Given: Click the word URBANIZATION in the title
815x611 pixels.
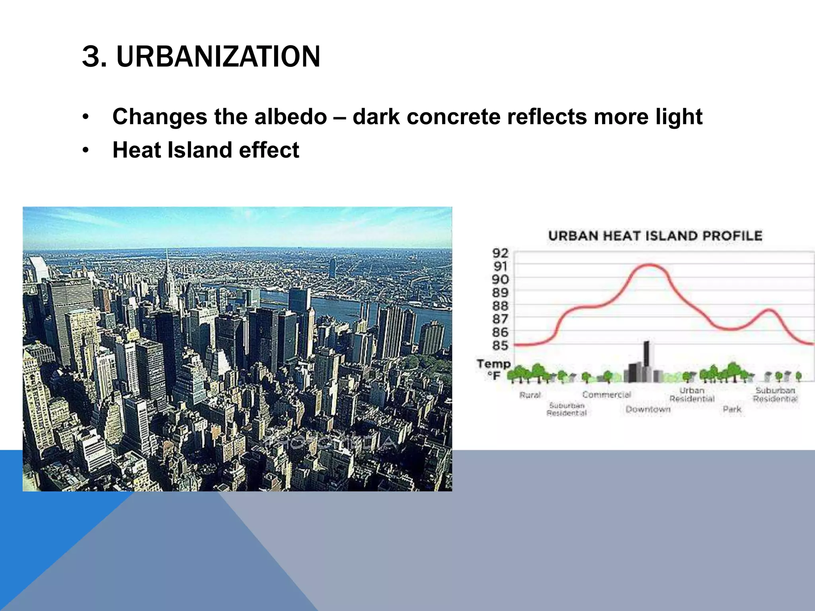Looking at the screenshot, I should pos(218,56).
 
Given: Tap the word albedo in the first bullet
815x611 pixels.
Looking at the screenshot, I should pos(291,117).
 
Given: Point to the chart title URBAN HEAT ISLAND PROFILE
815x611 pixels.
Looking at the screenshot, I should pos(655,235).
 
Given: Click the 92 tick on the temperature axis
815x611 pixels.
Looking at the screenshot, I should pos(500,253).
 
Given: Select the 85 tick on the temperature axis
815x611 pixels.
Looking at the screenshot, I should pos(500,345).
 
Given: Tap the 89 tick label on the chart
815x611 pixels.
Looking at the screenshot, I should pos(500,293).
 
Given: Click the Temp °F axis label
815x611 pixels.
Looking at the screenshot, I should pos(494,369).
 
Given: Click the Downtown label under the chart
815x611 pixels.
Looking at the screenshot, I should pos(648,409).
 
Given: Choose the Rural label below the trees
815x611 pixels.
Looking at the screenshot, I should pos(530,395).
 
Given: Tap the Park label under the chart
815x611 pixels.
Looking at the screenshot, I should pos(732,409).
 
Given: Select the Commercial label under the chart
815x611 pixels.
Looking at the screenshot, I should pos(606,395).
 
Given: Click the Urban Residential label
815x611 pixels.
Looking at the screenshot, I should pos(692,395).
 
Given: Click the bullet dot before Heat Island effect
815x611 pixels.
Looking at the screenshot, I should pos(85,151).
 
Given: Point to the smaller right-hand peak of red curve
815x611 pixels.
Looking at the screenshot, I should pos(770,310).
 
